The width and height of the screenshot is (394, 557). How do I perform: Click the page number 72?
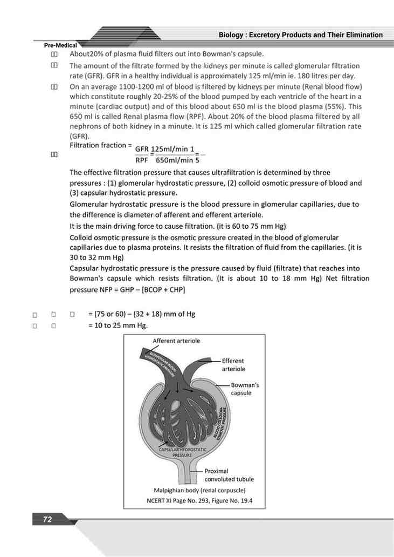coord(47,519)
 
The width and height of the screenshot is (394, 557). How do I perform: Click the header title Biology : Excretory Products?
coord(300,35)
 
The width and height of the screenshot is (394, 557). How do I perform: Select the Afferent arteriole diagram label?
coord(176,341)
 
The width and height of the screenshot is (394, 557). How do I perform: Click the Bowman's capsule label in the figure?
coord(245,389)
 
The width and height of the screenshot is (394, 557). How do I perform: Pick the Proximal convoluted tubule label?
coord(229,475)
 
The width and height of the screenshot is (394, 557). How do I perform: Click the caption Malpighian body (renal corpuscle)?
coord(199,490)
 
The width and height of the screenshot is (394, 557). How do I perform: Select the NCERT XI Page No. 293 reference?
coord(199,501)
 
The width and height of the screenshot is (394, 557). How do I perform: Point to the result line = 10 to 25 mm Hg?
coord(118,325)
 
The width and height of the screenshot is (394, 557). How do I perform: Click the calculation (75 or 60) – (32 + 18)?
coord(141,314)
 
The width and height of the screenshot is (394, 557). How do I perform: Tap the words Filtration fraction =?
coord(101,146)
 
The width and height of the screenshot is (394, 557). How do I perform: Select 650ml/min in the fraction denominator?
coord(174,160)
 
